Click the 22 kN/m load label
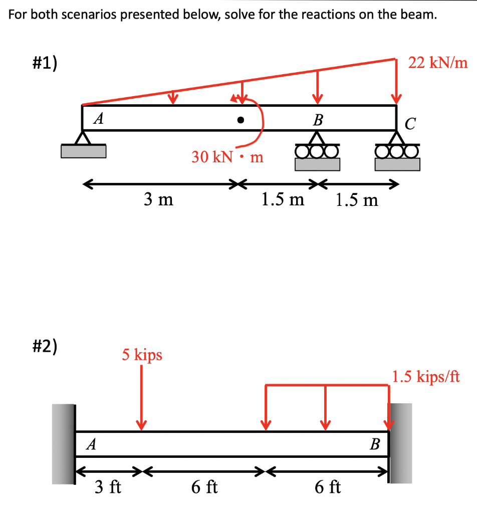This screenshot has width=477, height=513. [x=438, y=63]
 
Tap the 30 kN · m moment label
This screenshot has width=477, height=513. [x=227, y=157]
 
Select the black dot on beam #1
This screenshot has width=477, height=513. [x=241, y=120]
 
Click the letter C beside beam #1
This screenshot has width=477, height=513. [x=410, y=124]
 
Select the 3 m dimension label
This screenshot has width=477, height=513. [x=158, y=200]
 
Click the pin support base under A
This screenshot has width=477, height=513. [x=84, y=150]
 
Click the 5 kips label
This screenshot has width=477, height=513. [x=142, y=355]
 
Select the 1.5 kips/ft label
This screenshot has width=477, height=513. [x=426, y=376]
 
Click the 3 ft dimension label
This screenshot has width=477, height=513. [x=108, y=486]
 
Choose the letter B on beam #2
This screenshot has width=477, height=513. [x=375, y=444]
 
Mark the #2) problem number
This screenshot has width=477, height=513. [x=45, y=346]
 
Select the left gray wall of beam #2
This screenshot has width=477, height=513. [x=63, y=444]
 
